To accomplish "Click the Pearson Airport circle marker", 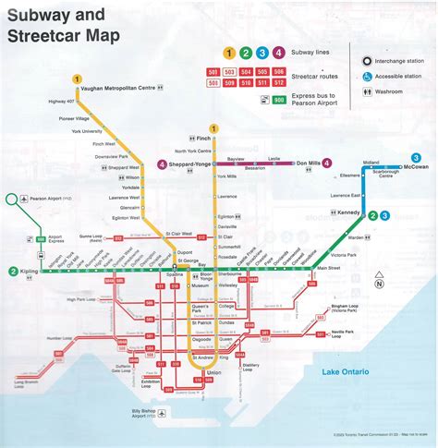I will click(x=11, y=198).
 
